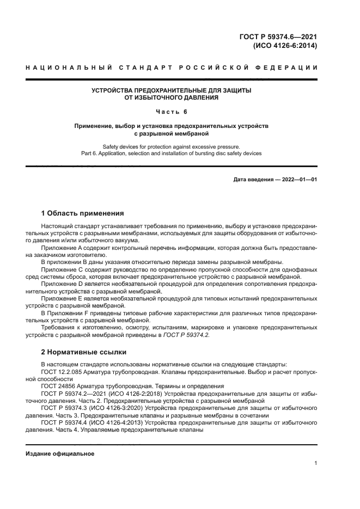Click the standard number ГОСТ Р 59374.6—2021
coord(279,37)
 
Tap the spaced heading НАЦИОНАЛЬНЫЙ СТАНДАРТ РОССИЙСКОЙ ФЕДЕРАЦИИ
coord(172,68)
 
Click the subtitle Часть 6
coord(172,112)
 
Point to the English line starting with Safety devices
coord(172,146)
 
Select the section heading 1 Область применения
coord(83,213)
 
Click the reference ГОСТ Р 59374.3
coord(65,407)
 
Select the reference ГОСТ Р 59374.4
coord(65,421)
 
